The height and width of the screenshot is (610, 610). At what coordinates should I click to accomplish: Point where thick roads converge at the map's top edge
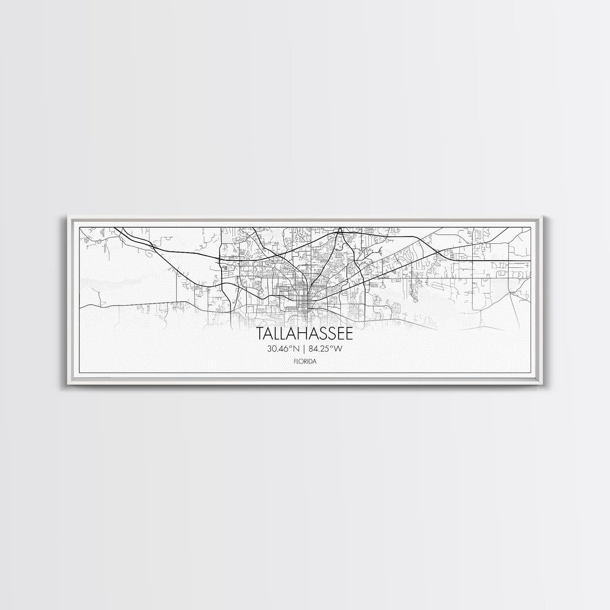pyautogui.click(x=340, y=230)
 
